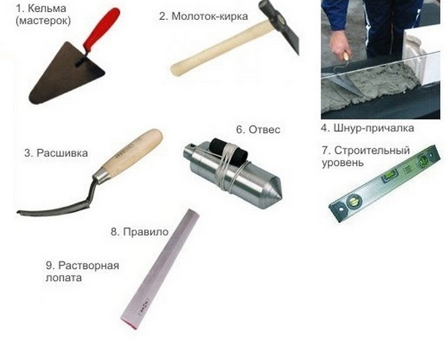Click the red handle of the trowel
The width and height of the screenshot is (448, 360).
pos(102,29)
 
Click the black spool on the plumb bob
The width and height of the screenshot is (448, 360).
pos(228,152)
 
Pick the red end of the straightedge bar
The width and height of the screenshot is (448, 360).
pos(129,325)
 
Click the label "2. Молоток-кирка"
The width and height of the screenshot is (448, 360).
pos(204,16)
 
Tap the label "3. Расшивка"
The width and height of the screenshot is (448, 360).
pos(56,153)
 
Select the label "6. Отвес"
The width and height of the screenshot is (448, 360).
pos(258,129)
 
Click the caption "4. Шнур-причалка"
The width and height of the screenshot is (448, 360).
pos(367,128)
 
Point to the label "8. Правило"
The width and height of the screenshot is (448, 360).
pos(140,232)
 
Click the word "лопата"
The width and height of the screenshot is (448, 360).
pos(63,277)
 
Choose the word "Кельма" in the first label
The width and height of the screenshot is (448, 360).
pos(47,8)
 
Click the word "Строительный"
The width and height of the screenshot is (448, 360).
pos(372,151)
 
